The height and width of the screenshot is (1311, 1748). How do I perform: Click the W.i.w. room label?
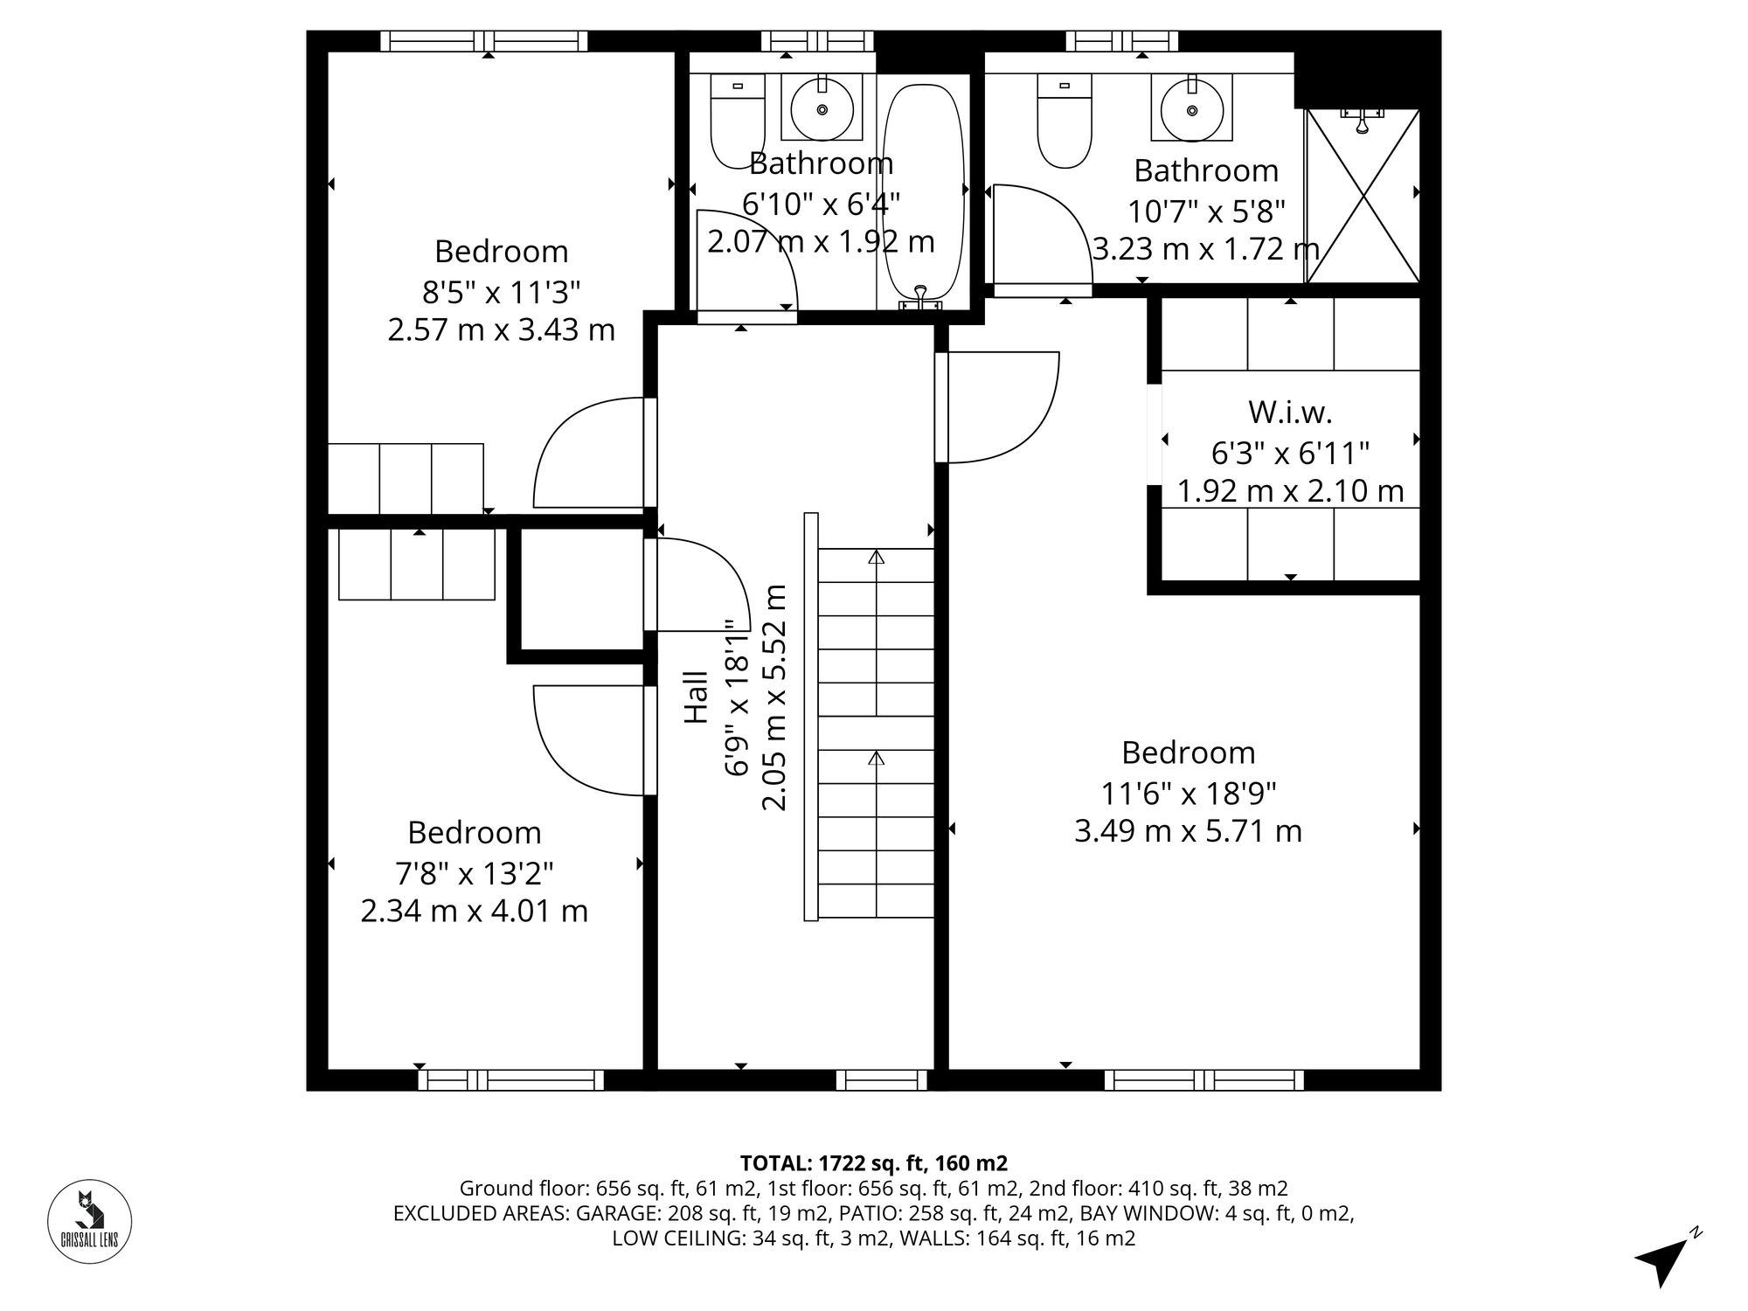point(1290,412)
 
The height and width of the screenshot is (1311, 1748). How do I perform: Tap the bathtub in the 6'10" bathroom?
point(923,192)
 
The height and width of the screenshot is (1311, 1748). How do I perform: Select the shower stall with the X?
point(1362,196)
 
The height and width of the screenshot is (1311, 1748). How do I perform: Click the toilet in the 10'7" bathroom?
point(1064,122)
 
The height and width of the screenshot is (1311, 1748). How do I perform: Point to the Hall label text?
point(696,697)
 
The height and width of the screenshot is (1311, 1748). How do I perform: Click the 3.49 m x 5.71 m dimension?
point(1188,831)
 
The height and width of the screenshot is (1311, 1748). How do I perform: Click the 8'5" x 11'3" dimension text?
point(501,291)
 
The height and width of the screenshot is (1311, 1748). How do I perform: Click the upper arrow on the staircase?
point(876,557)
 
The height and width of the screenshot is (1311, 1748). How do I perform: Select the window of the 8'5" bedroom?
point(484,41)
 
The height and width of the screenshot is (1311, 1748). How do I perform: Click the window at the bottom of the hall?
point(881,1080)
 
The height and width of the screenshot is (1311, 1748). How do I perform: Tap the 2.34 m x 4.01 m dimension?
point(474,912)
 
